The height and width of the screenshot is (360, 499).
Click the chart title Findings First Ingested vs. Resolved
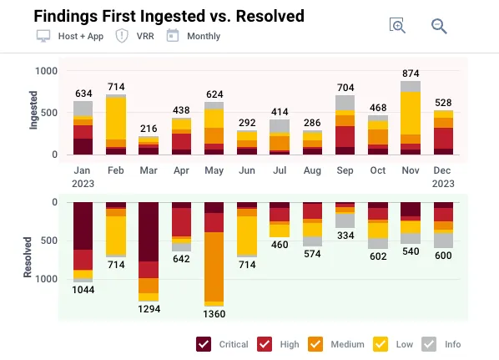coord(169,17)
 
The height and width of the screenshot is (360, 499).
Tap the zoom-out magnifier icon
coord(439,26)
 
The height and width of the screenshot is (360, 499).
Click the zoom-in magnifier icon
coord(397,26)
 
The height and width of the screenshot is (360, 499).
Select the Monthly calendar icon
coord(173,36)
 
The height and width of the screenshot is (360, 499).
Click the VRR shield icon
coord(122,36)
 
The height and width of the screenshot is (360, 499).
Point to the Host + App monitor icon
coord(43,36)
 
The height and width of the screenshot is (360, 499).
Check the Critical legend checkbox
coord(204,344)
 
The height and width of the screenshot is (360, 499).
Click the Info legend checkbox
coord(429,344)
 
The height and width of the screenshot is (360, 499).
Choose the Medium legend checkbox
coord(315,344)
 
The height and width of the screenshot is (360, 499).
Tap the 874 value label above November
coord(411,74)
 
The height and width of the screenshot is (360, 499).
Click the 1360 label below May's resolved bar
coord(214,314)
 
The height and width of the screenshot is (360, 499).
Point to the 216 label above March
coord(149,129)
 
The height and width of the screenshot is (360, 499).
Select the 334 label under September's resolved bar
coord(345,236)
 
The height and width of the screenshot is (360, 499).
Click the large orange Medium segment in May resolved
coord(214,266)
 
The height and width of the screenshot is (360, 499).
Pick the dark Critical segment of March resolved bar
coord(149,231)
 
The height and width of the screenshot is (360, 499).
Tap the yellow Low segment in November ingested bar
coord(411,113)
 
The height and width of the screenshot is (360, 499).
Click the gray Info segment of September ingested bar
coord(345,103)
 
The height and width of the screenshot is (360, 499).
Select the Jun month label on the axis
coord(247,170)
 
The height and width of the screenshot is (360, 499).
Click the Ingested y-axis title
coord(33,110)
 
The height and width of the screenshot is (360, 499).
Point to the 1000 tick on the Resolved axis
coord(47,279)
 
